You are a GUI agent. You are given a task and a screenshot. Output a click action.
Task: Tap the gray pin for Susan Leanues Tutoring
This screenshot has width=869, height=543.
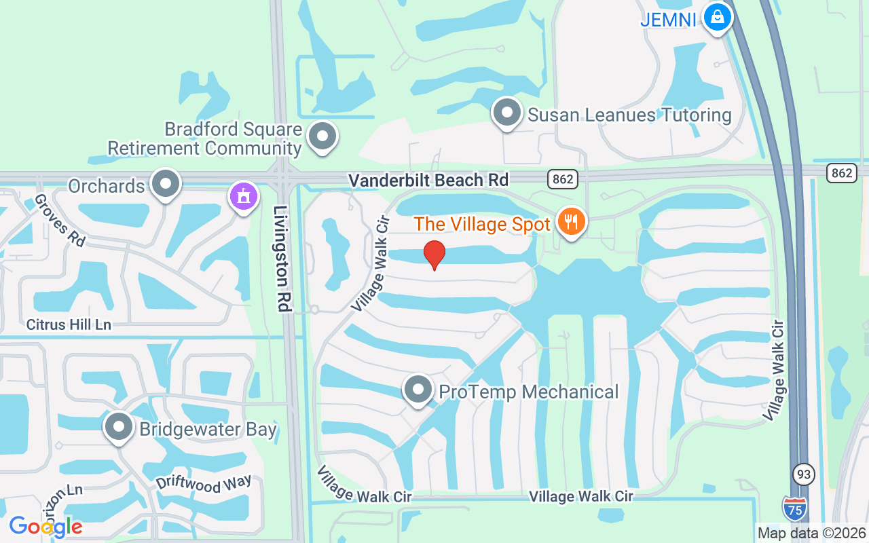click(506, 112)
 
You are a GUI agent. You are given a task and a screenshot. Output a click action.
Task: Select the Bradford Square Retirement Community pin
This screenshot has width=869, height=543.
click(322, 136)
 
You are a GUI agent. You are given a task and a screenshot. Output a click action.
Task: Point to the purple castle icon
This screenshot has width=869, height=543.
click(244, 196)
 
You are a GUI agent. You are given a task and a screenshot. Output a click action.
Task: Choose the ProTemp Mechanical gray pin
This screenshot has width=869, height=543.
click(418, 390)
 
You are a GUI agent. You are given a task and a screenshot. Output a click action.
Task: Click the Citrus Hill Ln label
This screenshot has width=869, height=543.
click(69, 324)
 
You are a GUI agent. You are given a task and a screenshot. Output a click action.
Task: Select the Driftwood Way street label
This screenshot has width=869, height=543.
click(204, 484)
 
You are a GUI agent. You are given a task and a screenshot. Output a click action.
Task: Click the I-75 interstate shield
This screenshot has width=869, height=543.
click(795, 508)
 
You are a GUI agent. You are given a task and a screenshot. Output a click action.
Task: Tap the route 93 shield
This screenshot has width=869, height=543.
click(803, 474)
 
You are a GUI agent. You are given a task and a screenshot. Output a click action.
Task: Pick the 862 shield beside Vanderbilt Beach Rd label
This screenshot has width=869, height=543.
click(563, 179)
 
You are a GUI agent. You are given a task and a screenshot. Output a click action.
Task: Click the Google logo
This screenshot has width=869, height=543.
click(45, 526)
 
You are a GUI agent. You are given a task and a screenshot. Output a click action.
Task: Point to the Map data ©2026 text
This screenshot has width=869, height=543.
click(812, 533)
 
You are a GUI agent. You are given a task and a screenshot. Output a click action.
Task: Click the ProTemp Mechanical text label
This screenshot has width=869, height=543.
click(529, 392)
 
